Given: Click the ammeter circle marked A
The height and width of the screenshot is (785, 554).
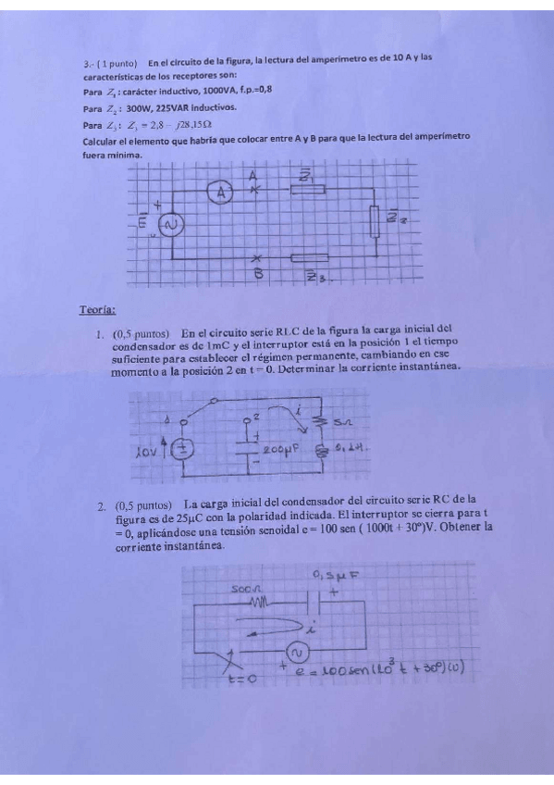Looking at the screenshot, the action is point(220,193).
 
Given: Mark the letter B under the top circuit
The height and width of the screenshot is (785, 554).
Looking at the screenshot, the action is point(259,274).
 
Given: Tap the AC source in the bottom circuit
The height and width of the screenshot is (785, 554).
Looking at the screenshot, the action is point(298,654).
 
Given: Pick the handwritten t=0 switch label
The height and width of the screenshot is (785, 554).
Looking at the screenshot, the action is point(241,679).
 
